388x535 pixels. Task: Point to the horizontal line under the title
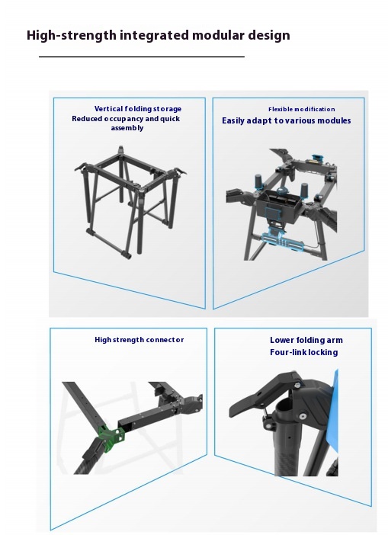coord(141,57)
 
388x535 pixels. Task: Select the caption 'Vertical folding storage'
coord(138,109)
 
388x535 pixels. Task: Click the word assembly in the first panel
coord(127,128)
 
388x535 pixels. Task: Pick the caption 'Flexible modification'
coord(301,110)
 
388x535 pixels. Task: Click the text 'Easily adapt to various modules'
coord(287,121)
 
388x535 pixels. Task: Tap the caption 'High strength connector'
coord(139,340)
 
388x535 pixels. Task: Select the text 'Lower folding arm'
coord(303,341)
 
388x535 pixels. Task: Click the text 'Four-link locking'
coord(303,353)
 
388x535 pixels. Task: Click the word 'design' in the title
coord(268,35)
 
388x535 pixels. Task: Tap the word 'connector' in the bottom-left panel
coord(165,340)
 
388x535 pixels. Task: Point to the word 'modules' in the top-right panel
coord(335,121)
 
